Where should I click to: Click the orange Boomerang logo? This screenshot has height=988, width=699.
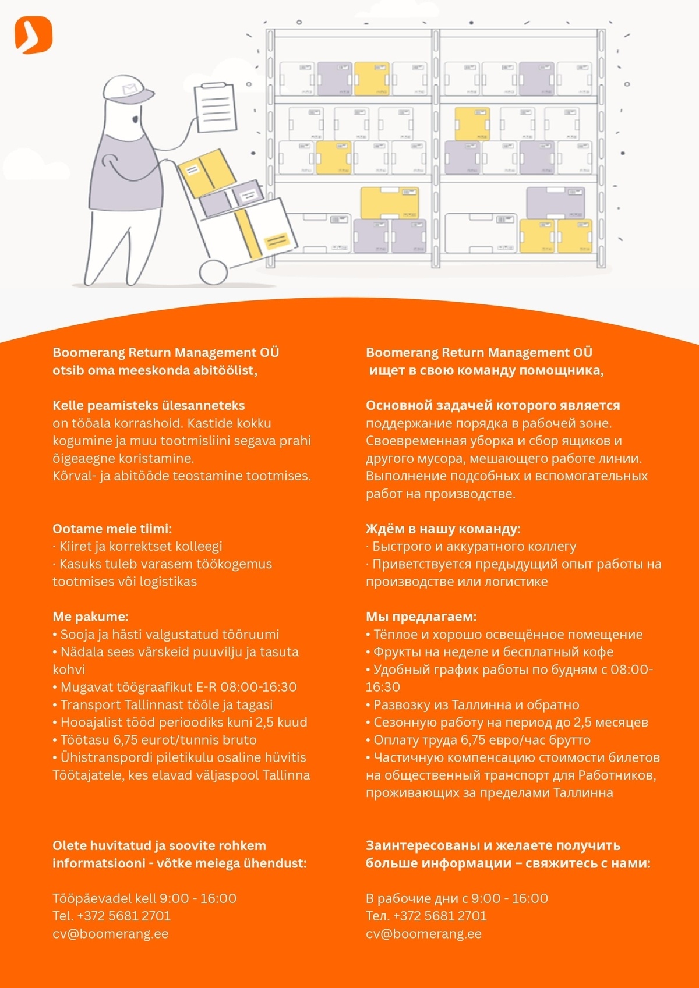33,35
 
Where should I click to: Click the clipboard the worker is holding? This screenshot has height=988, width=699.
216,107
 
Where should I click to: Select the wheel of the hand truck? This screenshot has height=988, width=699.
213,272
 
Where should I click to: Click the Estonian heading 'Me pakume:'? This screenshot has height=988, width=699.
90,617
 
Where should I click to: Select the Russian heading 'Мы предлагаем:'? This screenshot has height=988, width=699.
421,617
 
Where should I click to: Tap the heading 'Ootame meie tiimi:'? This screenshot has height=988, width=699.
112,529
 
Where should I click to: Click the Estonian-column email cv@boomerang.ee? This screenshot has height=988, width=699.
110,934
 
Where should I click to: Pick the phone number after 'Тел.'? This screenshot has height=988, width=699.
440,916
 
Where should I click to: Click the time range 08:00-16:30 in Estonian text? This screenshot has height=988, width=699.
259,687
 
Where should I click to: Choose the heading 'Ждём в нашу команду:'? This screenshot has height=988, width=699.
443,529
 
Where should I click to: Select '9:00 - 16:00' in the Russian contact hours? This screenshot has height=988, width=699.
510,898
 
